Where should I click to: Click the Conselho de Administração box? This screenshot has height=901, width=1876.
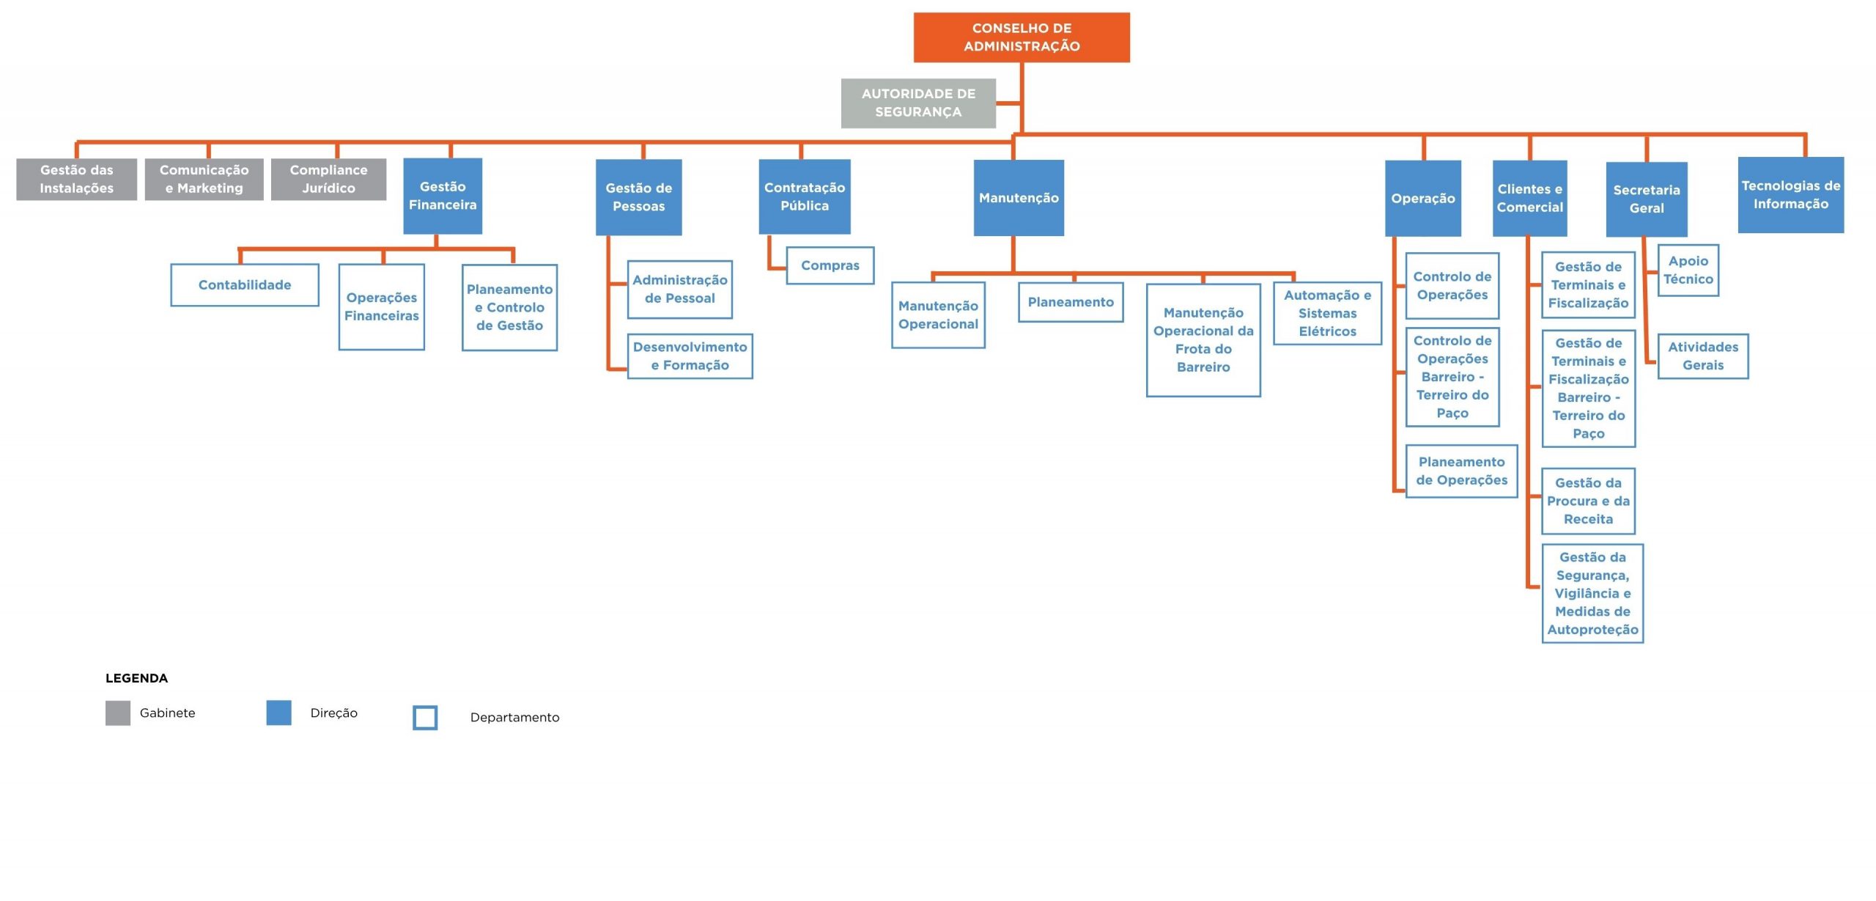pyautogui.click(x=1022, y=37)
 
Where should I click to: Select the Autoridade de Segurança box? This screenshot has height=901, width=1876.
pyautogui.click(x=918, y=103)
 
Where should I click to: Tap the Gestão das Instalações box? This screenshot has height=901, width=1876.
pyautogui.click(x=77, y=179)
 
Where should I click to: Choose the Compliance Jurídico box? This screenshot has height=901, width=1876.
pyautogui.click(x=328, y=179)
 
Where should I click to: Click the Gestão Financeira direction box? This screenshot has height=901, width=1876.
pyautogui.click(x=443, y=196)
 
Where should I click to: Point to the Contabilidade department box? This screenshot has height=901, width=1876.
pyautogui.click(x=245, y=285)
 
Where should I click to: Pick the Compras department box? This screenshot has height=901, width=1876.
pyautogui.click(x=830, y=265)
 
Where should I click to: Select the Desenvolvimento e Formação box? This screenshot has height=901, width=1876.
pyautogui.click(x=690, y=356)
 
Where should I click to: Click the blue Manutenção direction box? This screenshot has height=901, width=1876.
pyautogui.click(x=1019, y=198)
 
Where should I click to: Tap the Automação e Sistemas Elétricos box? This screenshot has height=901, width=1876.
pyautogui.click(x=1328, y=313)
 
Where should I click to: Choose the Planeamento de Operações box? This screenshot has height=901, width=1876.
pyautogui.click(x=1462, y=471)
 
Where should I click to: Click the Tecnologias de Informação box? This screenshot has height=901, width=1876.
pyautogui.click(x=1791, y=195)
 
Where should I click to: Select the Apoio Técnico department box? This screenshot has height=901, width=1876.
pyautogui.click(x=1688, y=271)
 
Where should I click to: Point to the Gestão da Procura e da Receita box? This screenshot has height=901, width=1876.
pyautogui.click(x=1589, y=501)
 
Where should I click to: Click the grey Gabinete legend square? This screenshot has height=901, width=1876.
pyautogui.click(x=118, y=713)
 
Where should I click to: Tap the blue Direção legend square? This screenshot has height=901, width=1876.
pyautogui.click(x=279, y=713)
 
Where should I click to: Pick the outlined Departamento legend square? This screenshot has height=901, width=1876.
pyautogui.click(x=426, y=718)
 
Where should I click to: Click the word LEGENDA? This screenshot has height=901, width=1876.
pyautogui.click(x=137, y=678)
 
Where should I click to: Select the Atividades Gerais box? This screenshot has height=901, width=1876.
pyautogui.click(x=1703, y=356)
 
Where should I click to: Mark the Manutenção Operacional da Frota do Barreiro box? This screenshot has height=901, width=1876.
pyautogui.click(x=1203, y=340)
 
